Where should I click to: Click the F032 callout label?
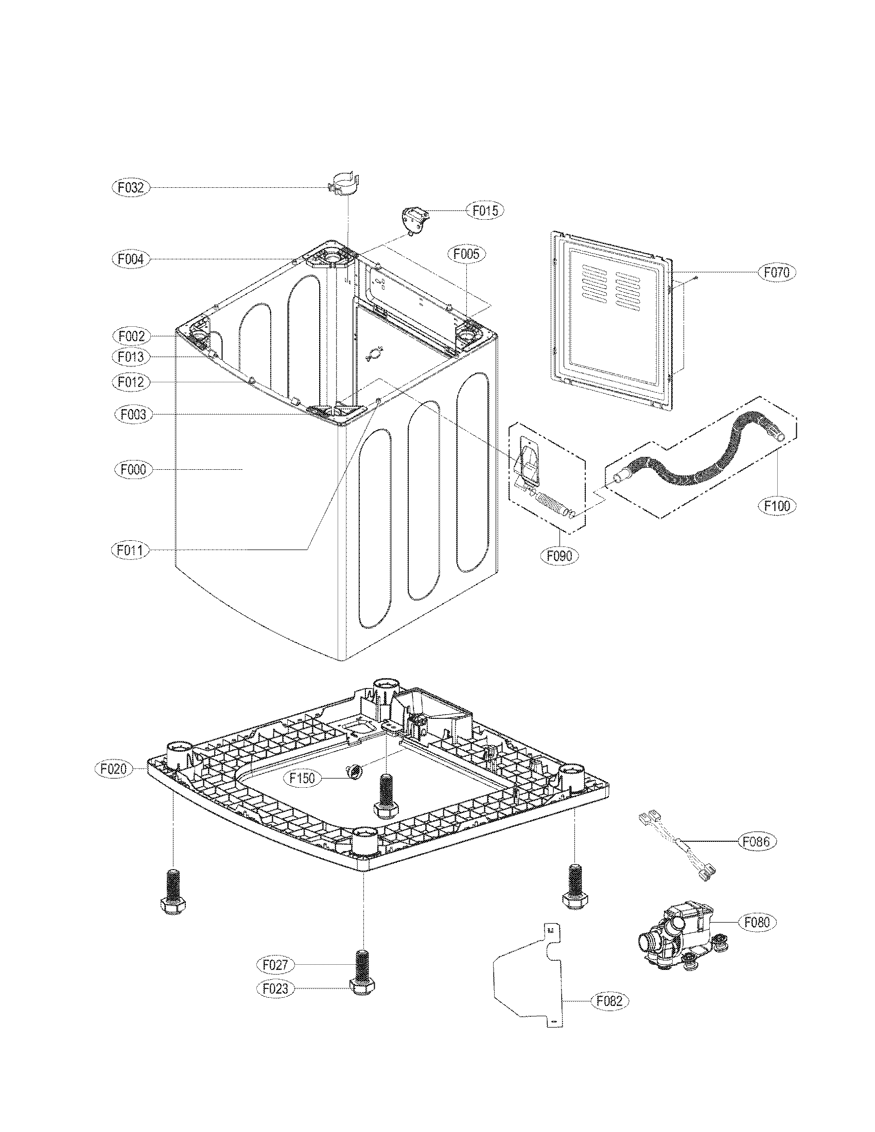pyautogui.click(x=130, y=188)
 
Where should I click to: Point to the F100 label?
pyautogui.click(x=778, y=505)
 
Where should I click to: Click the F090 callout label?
pyautogui.click(x=559, y=556)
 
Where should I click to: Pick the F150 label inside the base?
pyautogui.click(x=302, y=779)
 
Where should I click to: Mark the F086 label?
pyautogui.click(x=757, y=842)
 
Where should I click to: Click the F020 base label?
pyautogui.click(x=114, y=769)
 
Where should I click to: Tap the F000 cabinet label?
pyautogui.click(x=133, y=470)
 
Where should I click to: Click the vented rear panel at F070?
pyautogui.click(x=611, y=322)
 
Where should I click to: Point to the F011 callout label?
pyautogui.click(x=130, y=550)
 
